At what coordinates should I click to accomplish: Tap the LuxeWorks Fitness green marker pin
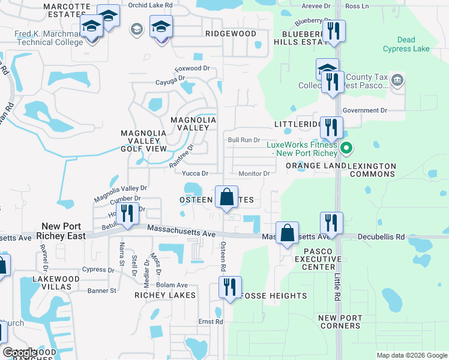pos(346,148)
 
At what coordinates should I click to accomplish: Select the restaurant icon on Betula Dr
pos(127,214)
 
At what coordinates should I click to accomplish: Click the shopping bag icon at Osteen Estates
pos(226,197)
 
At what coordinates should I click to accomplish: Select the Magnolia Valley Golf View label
pos(144,140)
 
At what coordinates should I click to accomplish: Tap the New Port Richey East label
pos(63,231)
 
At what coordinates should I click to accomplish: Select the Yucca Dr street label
pos(194,173)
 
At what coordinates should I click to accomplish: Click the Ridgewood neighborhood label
pos(231,34)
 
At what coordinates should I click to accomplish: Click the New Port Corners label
pos(340,322)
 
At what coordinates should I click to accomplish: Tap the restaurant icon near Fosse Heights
pos(229,287)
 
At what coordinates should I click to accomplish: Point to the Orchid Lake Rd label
pos(150,5)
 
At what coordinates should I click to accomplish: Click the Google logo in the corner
pos(20,353)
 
